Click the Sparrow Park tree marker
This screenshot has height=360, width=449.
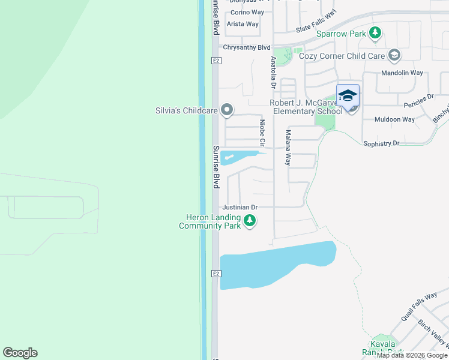tap(376, 33)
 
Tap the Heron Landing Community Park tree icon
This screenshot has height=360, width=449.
tap(250, 221)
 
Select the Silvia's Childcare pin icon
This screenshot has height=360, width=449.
tap(227, 110)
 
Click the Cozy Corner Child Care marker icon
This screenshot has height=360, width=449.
tap(394, 56)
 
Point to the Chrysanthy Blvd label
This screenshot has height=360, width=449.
tap(247, 47)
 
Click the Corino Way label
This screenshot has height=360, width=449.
tap(247, 12)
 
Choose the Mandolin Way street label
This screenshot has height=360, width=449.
tap(402, 73)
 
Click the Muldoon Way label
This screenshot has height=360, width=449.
tap(394, 119)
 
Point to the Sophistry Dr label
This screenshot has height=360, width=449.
tap(381, 143)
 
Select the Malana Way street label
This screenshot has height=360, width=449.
tap(289, 148)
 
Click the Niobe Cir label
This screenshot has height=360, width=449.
tap(262, 133)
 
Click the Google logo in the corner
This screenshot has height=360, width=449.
tap(20, 353)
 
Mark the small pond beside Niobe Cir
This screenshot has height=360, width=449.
tap(236, 157)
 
